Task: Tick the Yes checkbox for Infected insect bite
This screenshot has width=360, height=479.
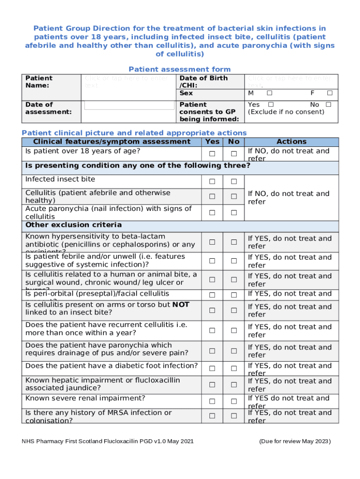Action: coord(212,181)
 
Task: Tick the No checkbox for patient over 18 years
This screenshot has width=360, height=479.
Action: coord(234,154)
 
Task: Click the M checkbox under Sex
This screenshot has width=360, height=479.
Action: coord(269,93)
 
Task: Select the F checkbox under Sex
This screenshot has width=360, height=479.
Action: coord(330,93)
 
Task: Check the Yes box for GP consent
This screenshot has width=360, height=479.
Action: coord(271,104)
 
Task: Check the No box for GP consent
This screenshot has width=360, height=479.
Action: coord(328,104)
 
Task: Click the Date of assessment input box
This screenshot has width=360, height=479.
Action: coord(129,105)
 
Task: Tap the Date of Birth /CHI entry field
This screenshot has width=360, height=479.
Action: coord(290,81)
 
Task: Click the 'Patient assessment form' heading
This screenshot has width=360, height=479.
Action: coord(180,69)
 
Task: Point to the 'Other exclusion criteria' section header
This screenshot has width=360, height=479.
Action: coord(73,225)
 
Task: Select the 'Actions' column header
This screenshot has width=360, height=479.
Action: coord(291,142)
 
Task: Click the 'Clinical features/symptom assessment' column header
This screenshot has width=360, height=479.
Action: coord(112,142)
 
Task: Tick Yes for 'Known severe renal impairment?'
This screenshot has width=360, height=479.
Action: coord(212,401)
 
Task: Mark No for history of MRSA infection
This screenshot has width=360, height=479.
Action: coord(234,416)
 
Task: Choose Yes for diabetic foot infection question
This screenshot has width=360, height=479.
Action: coord(212,369)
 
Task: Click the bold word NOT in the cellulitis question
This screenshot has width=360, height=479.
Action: coord(181,305)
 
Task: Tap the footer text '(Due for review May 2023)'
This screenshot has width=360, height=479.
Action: coord(295,441)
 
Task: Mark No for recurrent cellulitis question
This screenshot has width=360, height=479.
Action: coord(234,330)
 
